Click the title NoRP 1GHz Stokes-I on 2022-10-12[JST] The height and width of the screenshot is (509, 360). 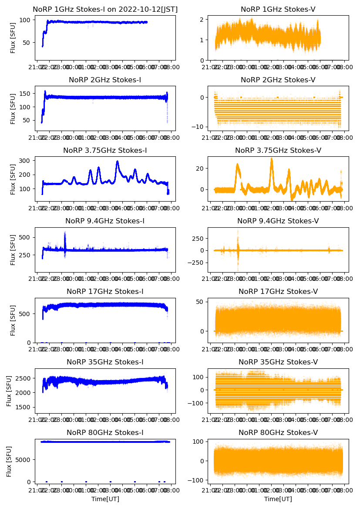[105, 9]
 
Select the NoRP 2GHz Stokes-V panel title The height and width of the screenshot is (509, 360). [278, 80]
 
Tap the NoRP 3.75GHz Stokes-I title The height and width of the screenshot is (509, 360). [105, 150]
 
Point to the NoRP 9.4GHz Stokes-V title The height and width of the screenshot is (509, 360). [278, 221]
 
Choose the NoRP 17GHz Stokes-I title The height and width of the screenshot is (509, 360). [105, 291]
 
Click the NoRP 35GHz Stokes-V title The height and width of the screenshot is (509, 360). [278, 362]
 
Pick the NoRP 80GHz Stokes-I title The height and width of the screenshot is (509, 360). [105, 432]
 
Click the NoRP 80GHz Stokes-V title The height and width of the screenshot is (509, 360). [278, 432]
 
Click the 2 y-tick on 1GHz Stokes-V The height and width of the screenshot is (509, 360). [201, 20]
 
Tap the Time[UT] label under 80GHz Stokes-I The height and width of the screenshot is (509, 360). [105, 499]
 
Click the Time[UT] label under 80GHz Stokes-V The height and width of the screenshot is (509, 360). [278, 499]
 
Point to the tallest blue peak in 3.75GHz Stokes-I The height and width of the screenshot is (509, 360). [117, 162]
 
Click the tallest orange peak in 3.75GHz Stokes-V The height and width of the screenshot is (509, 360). [272, 158]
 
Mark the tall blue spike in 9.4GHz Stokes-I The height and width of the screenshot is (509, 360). [65, 233]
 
